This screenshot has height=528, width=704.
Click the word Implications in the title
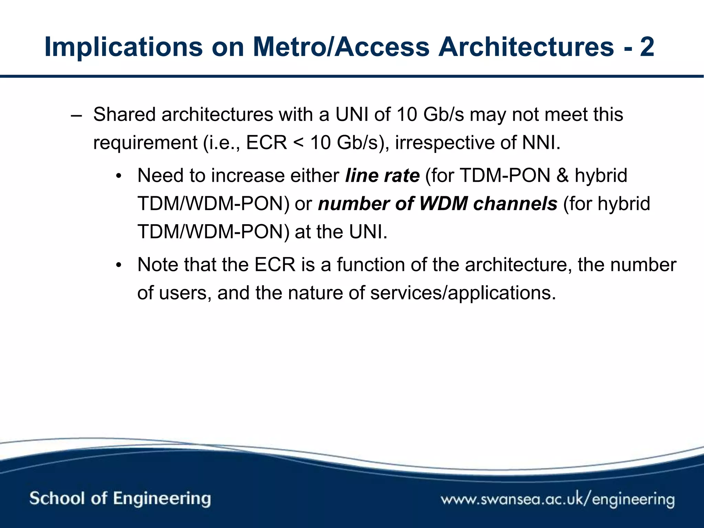pos(123,47)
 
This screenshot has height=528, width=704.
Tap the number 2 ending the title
pos(647,47)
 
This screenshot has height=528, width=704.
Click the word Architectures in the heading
pos(526,47)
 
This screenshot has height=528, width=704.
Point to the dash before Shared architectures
pos(76,115)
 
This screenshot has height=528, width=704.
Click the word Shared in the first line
pos(124,114)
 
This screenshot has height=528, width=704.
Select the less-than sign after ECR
pos(298,143)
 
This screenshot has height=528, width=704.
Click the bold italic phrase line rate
pos(382,176)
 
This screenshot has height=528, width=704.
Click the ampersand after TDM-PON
pos(562,176)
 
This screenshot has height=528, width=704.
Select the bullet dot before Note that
pos(119,266)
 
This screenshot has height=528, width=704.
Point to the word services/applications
pos(463,293)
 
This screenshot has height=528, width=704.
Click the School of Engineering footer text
pos(120,499)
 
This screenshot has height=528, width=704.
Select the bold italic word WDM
pos(443,203)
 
